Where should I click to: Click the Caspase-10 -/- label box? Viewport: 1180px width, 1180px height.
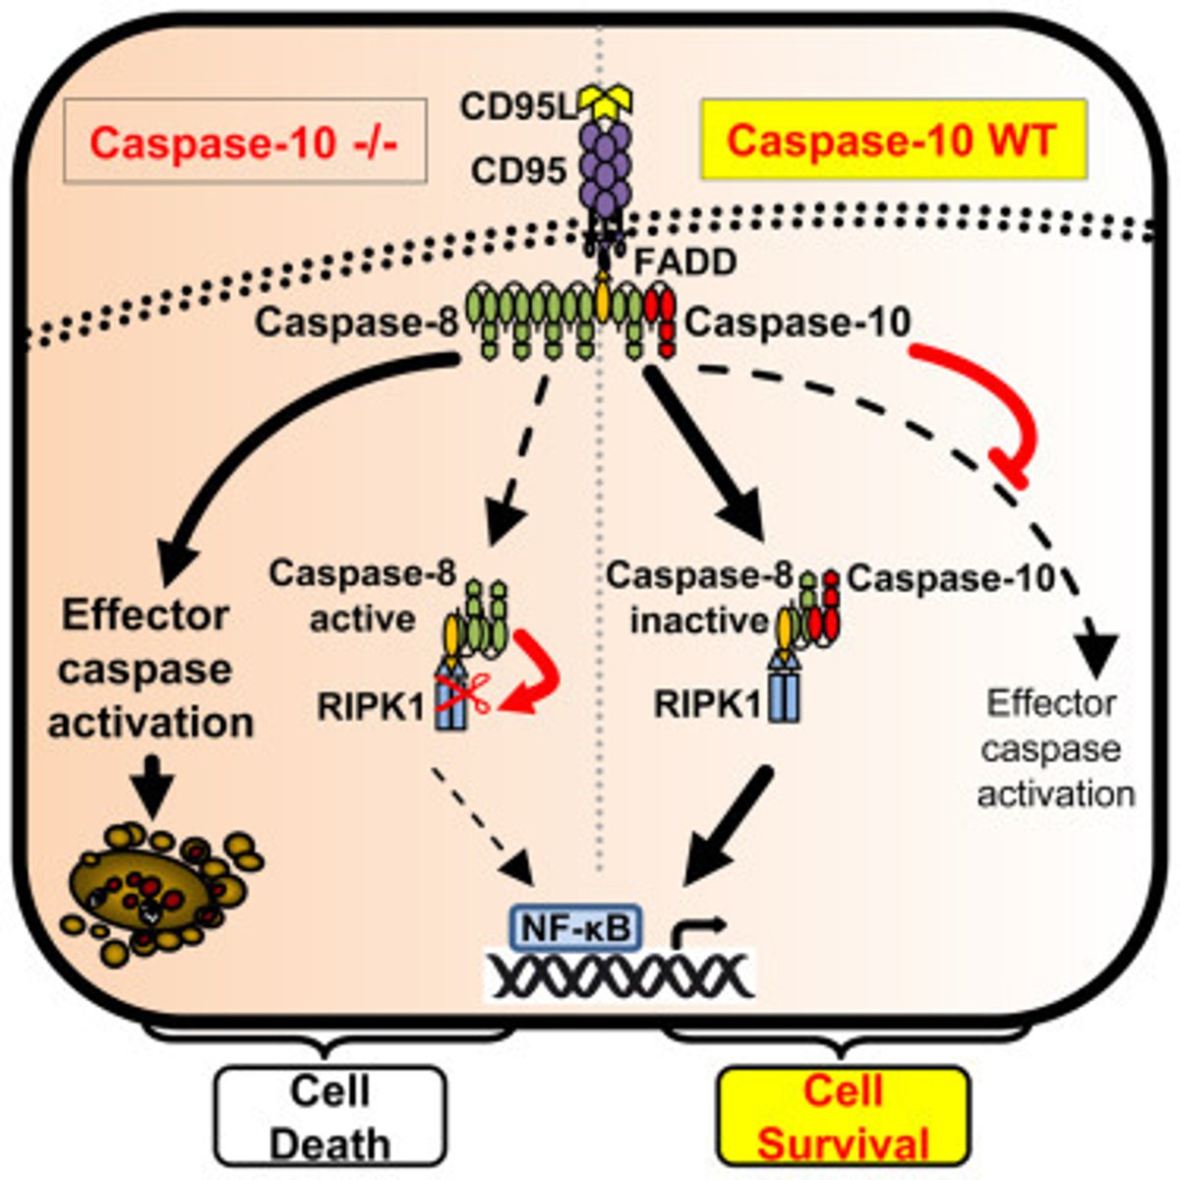245,141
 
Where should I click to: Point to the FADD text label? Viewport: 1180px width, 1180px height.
686,263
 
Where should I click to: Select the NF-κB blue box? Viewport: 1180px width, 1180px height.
576,926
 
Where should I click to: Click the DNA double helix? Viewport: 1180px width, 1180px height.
619,974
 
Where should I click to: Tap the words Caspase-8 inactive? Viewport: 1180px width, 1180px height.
699,598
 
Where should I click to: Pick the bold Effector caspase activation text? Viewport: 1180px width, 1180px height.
149,669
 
